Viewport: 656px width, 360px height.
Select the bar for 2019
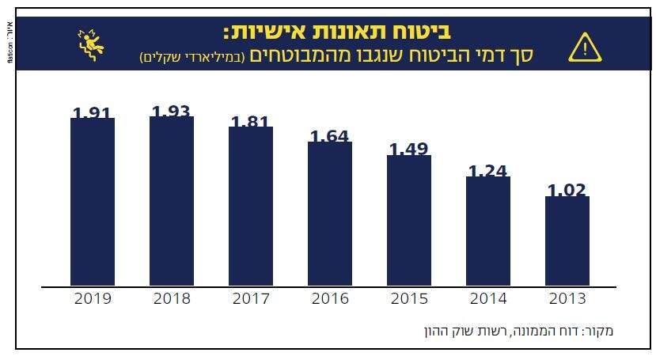click(x=93, y=202)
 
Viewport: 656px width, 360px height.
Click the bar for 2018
click(x=172, y=201)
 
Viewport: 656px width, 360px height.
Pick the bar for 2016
click(x=330, y=214)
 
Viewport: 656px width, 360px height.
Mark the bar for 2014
click(x=488, y=231)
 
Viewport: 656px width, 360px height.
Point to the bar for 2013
click(x=567, y=241)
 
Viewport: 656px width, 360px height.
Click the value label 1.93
click(x=172, y=112)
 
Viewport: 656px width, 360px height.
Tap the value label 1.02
click(x=567, y=190)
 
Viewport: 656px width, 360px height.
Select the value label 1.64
click(x=330, y=136)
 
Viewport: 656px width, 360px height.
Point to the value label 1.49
click(x=409, y=150)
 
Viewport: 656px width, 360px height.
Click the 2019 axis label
click(x=93, y=299)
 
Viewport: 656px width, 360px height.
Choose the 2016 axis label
click(x=330, y=299)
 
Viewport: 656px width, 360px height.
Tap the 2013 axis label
click(x=567, y=299)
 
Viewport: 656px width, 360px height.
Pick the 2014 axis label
click(x=488, y=299)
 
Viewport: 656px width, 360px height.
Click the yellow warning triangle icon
click(x=585, y=48)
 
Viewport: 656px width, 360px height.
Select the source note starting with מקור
click(x=519, y=330)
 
